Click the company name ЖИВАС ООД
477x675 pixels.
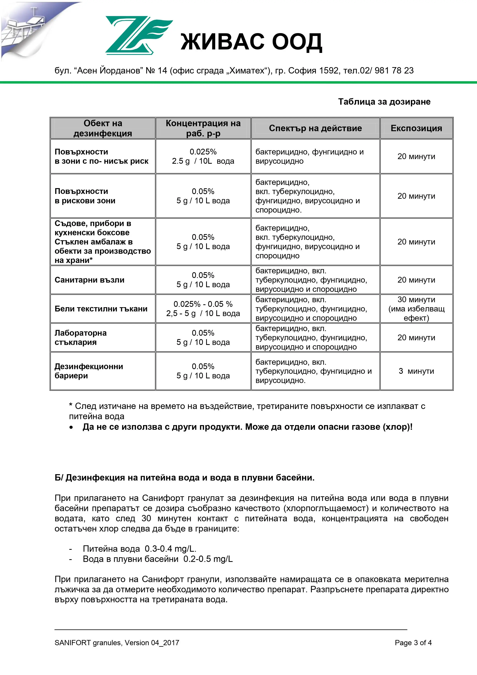[251, 42]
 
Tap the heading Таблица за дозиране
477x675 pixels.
[384, 102]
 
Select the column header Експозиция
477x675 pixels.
[416, 128]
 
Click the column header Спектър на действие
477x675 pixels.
[315, 128]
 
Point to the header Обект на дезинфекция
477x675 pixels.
[102, 128]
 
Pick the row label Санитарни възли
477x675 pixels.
[89, 280]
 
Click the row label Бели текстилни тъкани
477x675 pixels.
[101, 309]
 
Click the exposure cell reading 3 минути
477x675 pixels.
[416, 371]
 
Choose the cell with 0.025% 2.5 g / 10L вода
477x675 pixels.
[203, 156]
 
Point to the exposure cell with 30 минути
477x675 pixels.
[416, 300]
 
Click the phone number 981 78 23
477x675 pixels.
[394, 71]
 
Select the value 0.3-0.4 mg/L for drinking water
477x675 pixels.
[171, 549]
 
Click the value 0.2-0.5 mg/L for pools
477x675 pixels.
[208, 559]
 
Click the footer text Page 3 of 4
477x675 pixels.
[413, 643]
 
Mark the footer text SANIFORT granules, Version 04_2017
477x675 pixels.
[117, 643]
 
